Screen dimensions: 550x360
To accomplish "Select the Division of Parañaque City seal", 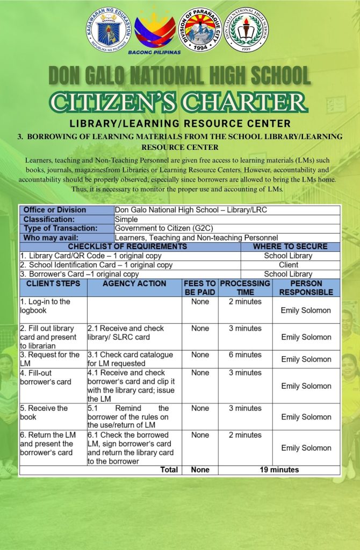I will pyautogui.click(x=200, y=30).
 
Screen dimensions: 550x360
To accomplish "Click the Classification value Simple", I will pyautogui.click(x=127, y=219).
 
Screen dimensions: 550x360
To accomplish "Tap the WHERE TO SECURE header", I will pyautogui.click(x=290, y=247).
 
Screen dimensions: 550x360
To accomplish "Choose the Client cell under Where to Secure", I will pyautogui.click(x=288, y=265).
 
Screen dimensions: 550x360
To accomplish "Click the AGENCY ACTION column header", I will pyautogui.click(x=134, y=284).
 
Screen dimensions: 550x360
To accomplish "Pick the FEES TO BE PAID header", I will pyautogui.click(x=200, y=288).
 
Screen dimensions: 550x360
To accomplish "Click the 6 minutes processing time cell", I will pyautogui.click(x=245, y=355).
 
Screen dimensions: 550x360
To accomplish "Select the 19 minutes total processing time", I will pyautogui.click(x=279, y=470).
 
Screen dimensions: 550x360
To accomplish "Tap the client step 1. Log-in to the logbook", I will pyautogui.click(x=45, y=306).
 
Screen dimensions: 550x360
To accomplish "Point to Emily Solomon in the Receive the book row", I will pyautogui.click(x=306, y=417).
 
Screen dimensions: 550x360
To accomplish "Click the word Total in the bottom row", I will pyautogui.click(x=169, y=470).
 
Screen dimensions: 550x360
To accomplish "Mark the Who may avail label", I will pyautogui.click(x=51, y=237).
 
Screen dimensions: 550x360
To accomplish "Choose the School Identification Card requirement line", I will pyautogui.click(x=97, y=265).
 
